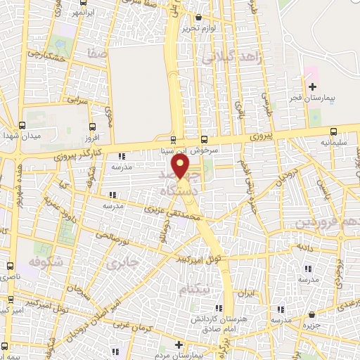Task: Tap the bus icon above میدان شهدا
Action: click(x=22, y=125)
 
